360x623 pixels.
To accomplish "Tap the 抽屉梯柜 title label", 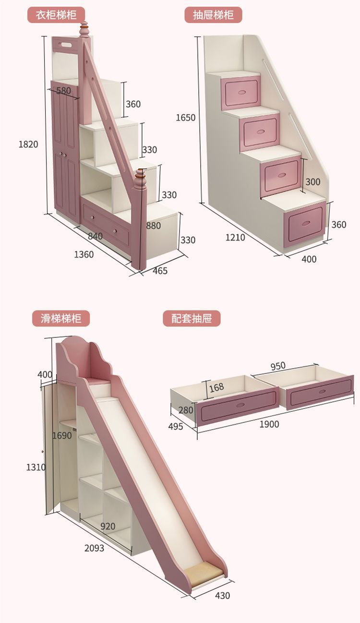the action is pos(214,14).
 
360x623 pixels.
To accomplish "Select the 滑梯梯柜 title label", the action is pos(60,318).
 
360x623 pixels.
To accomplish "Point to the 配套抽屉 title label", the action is pos(192,318).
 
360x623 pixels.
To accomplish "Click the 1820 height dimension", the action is pos(28,144).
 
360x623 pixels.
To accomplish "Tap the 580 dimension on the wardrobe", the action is pos(63,90).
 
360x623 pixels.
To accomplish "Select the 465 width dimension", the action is pos(160,271).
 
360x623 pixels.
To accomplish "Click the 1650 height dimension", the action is pos(186,118).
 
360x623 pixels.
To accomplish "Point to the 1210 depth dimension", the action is pos(235,237).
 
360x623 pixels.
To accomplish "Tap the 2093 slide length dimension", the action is pos(94,548).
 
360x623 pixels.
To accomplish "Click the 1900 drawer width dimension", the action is pos(269,424).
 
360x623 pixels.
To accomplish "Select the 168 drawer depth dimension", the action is pos(216,387).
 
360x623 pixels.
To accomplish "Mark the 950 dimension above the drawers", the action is pos(277,366).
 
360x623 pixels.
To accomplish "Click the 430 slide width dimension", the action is pos(222,596).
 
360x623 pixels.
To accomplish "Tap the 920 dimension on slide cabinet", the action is pos(108,526).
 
